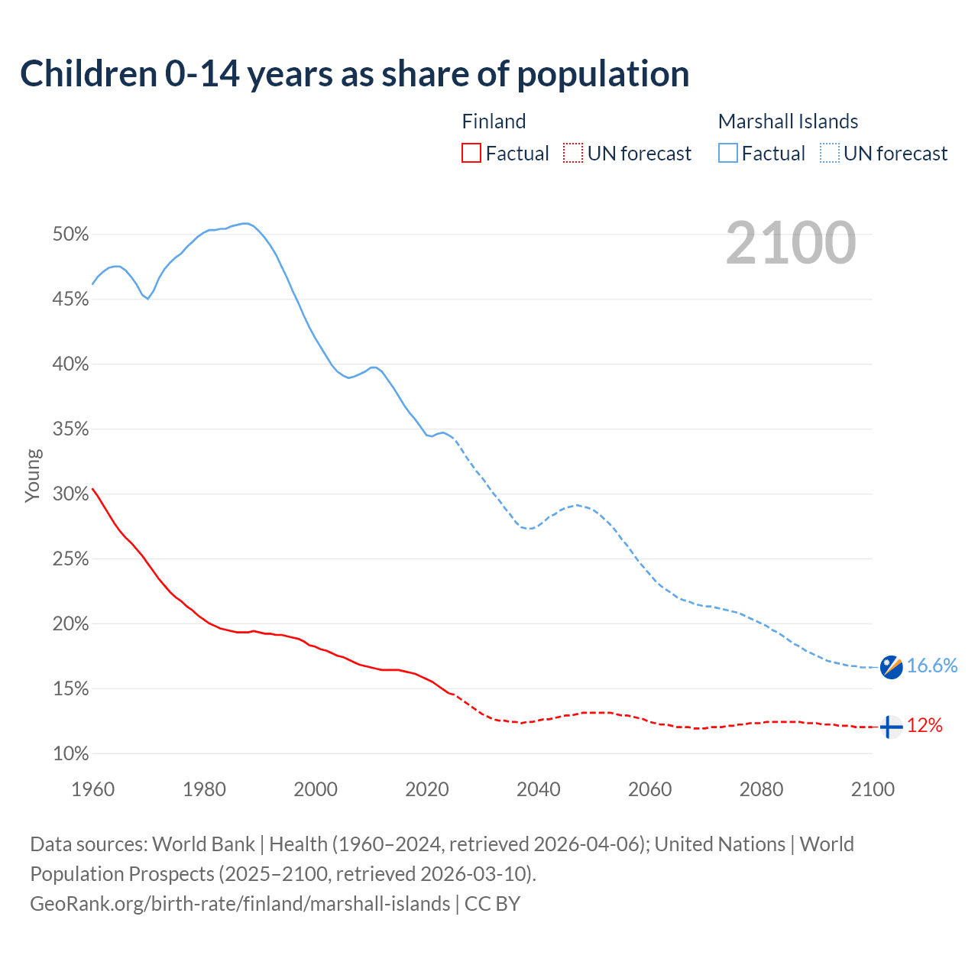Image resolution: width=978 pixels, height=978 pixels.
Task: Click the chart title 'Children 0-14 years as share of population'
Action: [x=355, y=74]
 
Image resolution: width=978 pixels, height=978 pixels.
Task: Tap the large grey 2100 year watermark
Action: [x=791, y=243]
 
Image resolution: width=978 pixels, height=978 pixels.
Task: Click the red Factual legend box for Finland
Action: [x=471, y=154]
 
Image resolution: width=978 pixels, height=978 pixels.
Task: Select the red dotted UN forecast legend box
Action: [x=573, y=154]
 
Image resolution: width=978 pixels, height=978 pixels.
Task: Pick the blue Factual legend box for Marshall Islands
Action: [x=728, y=154]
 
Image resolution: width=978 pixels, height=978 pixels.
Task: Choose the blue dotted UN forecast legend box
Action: [x=830, y=154]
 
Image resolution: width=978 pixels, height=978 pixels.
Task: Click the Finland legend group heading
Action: [x=494, y=121]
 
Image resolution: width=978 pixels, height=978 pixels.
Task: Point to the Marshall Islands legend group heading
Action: [x=788, y=121]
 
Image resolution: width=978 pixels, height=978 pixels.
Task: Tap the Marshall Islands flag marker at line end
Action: [x=891, y=667]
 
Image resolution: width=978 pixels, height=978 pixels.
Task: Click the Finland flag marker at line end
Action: [x=891, y=727]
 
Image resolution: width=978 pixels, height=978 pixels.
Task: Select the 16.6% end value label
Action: [x=932, y=666]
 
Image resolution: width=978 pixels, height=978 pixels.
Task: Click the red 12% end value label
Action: [x=925, y=726]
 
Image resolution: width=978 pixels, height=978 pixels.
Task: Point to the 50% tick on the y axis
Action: [x=71, y=235]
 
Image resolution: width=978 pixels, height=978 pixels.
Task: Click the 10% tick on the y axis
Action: [x=71, y=754]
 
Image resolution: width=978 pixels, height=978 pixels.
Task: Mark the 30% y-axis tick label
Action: [x=71, y=494]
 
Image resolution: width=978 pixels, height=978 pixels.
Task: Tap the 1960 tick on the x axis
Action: [x=92, y=789]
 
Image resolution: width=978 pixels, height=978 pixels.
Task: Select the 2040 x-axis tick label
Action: [x=538, y=789]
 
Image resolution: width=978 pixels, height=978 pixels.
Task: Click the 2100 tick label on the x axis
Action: [x=872, y=789]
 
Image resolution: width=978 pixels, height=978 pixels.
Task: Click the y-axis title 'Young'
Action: [x=33, y=475]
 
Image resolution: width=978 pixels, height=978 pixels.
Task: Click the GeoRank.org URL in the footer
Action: [x=240, y=904]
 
